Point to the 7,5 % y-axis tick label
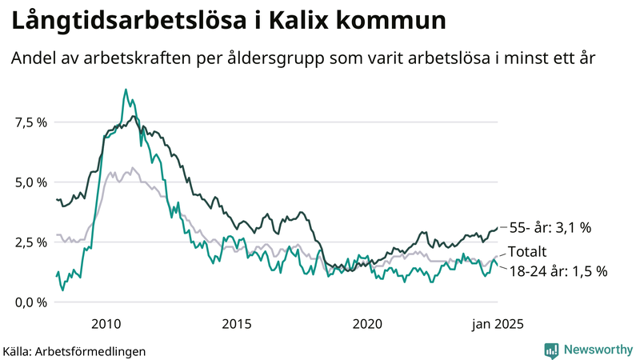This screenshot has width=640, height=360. pos(30,122)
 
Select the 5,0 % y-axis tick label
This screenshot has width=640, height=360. pos(30,182)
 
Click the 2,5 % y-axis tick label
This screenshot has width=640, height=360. pos(30,242)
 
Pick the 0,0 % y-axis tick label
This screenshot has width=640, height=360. pos(30,302)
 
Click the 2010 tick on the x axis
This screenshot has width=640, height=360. pos(106,323)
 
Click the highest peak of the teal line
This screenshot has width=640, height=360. pos(126,90)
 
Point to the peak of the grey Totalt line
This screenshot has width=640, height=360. pos(133,168)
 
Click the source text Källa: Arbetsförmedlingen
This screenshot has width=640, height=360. pos(74,350)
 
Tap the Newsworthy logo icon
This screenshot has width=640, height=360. pos(551,350)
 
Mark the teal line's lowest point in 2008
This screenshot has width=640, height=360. pos(62,290)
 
